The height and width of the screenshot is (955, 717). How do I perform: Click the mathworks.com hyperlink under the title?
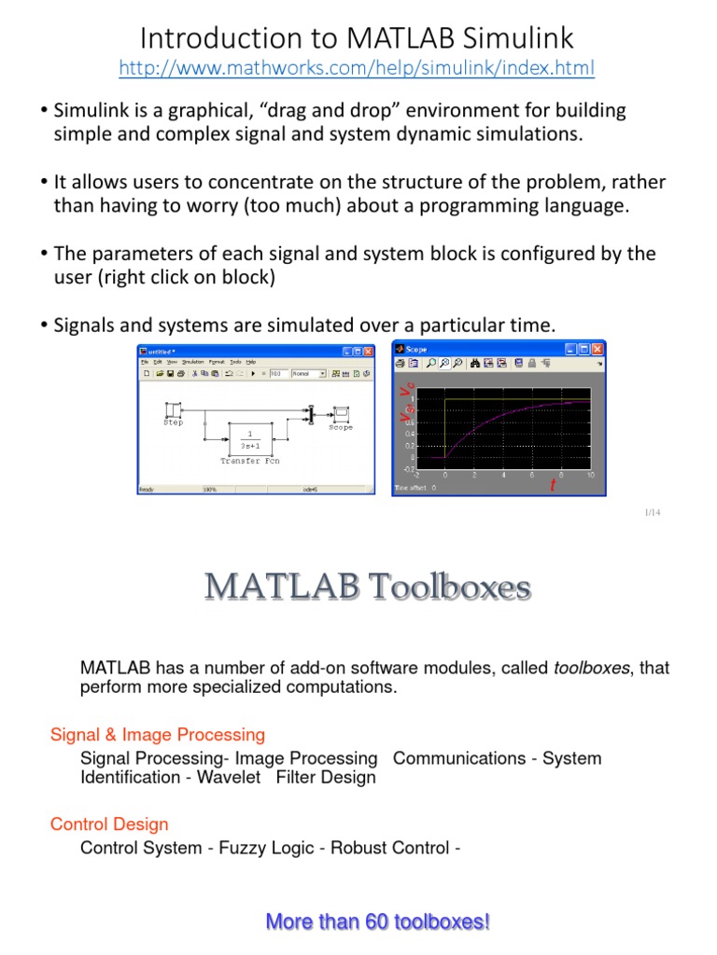(358, 68)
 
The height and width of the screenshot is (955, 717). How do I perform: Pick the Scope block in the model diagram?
(341, 412)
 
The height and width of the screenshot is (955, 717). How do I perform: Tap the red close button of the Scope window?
(610, 350)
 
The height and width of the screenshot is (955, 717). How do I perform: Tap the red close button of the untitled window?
(369, 351)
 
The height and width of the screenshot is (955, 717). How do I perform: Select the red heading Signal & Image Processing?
(158, 735)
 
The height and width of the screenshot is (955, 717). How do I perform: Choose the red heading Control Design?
(109, 824)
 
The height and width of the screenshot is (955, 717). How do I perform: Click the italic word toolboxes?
(591, 668)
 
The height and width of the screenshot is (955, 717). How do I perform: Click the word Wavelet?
(229, 777)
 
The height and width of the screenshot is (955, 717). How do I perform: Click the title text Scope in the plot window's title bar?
(416, 350)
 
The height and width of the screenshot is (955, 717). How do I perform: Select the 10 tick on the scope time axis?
(590, 475)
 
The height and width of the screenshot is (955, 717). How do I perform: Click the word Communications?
(457, 758)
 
